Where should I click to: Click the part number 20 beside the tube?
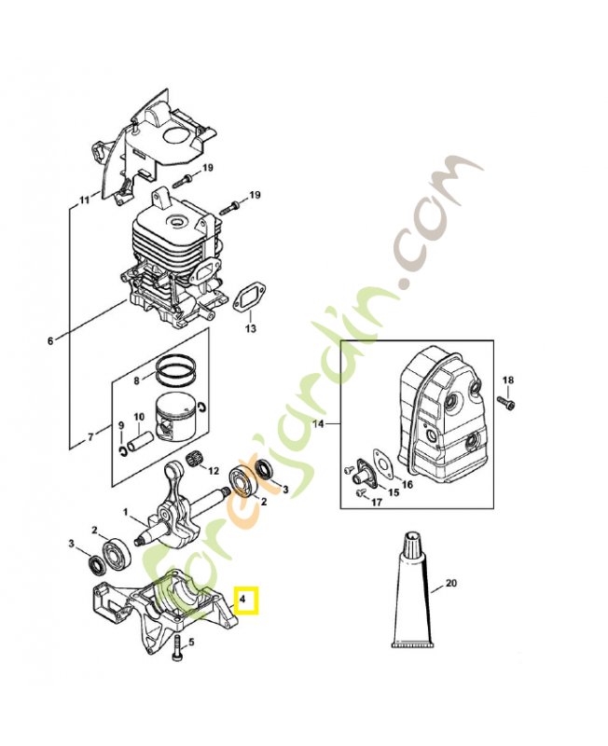click(451, 584)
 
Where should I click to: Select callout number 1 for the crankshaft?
click(126, 511)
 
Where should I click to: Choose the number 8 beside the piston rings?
click(135, 380)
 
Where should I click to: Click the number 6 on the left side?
click(50, 340)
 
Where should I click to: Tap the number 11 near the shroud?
click(84, 200)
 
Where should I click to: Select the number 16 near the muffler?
click(408, 485)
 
